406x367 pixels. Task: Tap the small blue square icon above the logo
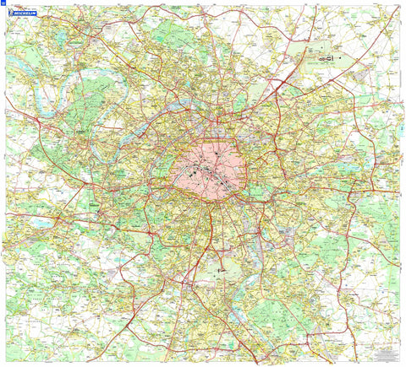[x=3, y=3]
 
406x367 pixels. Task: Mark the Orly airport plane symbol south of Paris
[x=222, y=271]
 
